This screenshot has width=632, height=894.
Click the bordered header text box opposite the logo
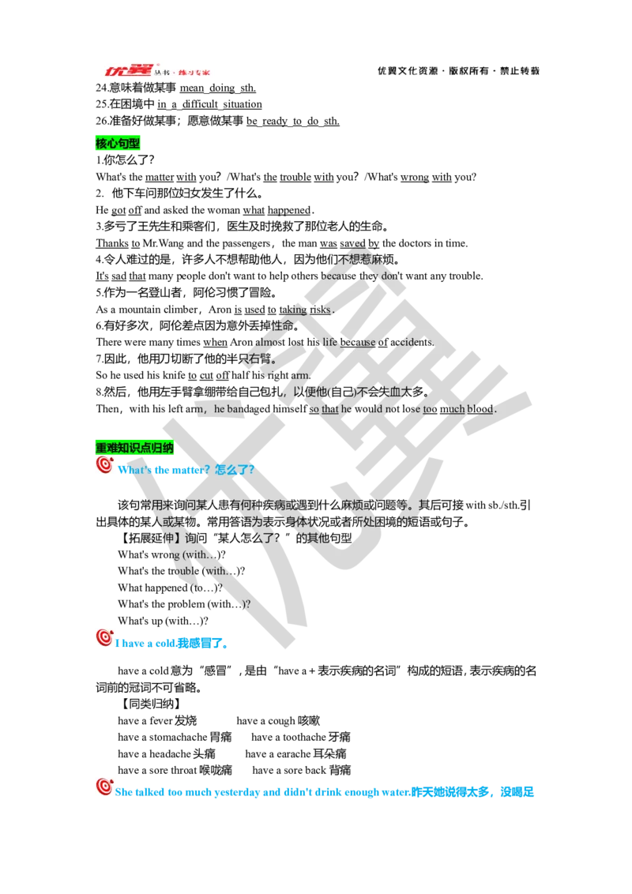[458, 70]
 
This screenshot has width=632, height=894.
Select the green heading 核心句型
[118, 144]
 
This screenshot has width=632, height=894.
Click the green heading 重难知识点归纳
[134, 448]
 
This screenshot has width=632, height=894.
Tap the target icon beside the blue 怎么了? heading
[104, 464]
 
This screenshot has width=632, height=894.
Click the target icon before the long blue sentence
[104, 787]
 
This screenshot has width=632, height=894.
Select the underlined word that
[329, 409]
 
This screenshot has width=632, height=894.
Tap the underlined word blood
[480, 409]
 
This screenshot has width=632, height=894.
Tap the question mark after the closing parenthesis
[248, 604]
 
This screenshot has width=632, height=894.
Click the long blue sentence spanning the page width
[325, 791]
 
